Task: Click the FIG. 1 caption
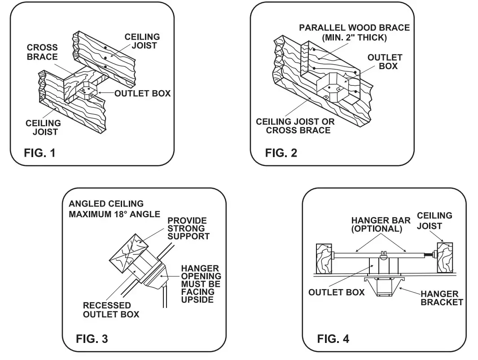coord(39,153)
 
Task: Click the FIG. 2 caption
coord(281,153)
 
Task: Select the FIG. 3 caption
coord(92,338)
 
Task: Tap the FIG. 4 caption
coord(333,338)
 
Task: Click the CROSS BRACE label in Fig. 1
coord(42,52)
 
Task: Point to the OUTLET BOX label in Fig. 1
coord(142,93)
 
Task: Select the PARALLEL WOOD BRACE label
coord(354,32)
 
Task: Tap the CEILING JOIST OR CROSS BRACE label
coord(295,126)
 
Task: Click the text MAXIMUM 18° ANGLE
coord(114,214)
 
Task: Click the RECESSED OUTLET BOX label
coord(111,310)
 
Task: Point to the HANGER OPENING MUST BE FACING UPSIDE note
coord(201,284)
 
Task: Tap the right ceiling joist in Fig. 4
coord(445,257)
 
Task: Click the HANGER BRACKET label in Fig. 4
coord(441,298)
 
